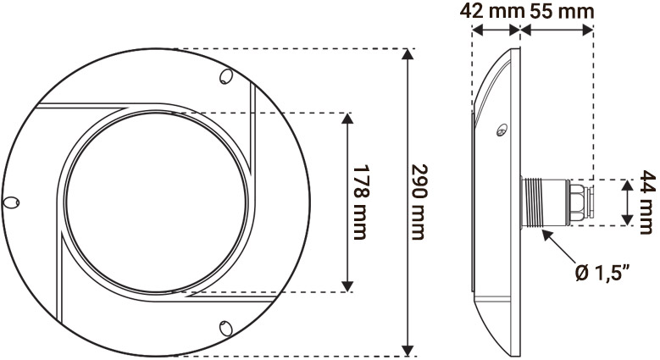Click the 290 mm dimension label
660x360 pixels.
tap(417, 200)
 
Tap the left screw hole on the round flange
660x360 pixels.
tap(12, 203)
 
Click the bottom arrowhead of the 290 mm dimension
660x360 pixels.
tap(409, 349)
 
